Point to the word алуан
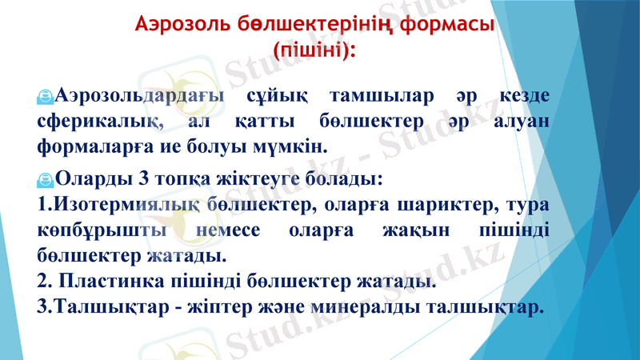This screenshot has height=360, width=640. (x=518, y=122)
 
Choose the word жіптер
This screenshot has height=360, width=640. (x=266, y=307)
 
